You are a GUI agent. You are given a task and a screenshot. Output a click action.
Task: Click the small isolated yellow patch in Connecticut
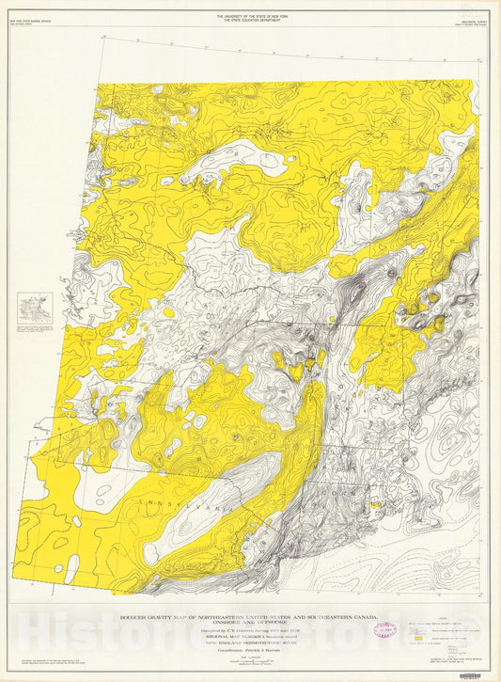click(373, 504)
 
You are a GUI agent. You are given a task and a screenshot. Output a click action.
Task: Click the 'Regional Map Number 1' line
click(249, 633)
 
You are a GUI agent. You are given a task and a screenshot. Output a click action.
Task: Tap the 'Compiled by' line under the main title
click(249, 627)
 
